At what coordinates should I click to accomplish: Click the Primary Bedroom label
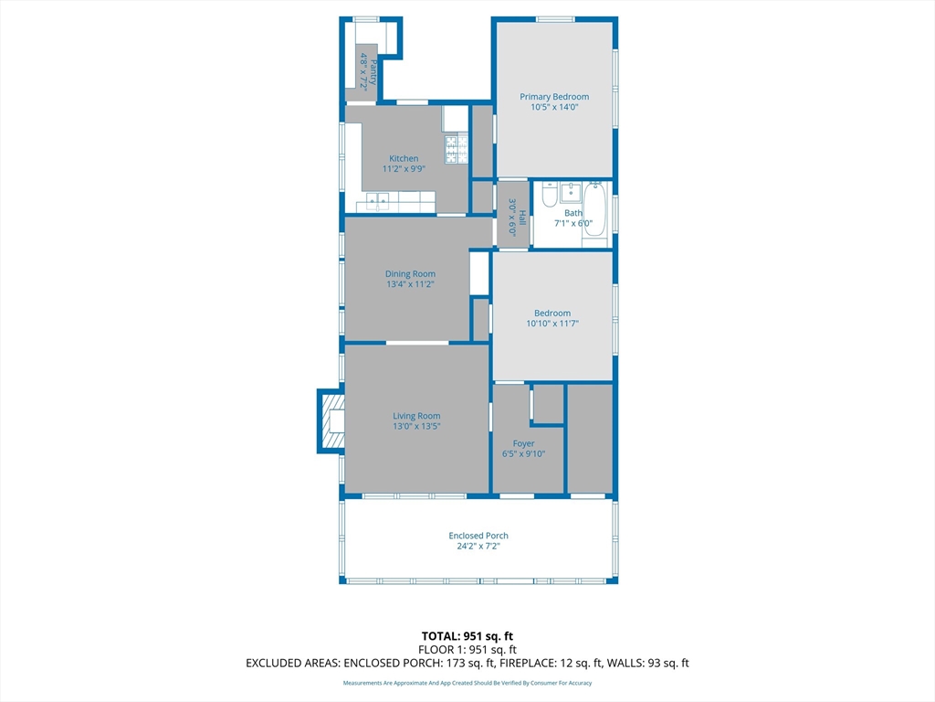554,97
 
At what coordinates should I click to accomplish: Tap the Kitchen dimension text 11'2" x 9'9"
404,169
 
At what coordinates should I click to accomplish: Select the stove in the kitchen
457,149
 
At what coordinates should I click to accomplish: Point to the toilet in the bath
549,194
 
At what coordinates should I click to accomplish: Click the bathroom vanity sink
571,193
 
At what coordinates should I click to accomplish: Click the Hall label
522,218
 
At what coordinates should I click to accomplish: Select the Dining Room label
410,274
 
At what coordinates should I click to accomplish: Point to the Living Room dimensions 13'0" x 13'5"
416,426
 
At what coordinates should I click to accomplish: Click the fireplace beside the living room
331,420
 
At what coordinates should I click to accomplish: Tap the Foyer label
523,443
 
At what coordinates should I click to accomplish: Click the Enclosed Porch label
478,536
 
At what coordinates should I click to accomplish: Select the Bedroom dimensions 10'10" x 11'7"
552,324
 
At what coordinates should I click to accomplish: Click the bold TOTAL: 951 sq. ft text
467,636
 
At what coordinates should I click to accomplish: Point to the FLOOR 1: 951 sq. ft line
467,650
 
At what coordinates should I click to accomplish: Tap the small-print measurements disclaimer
467,683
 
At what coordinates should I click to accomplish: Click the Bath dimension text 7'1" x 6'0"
573,223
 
